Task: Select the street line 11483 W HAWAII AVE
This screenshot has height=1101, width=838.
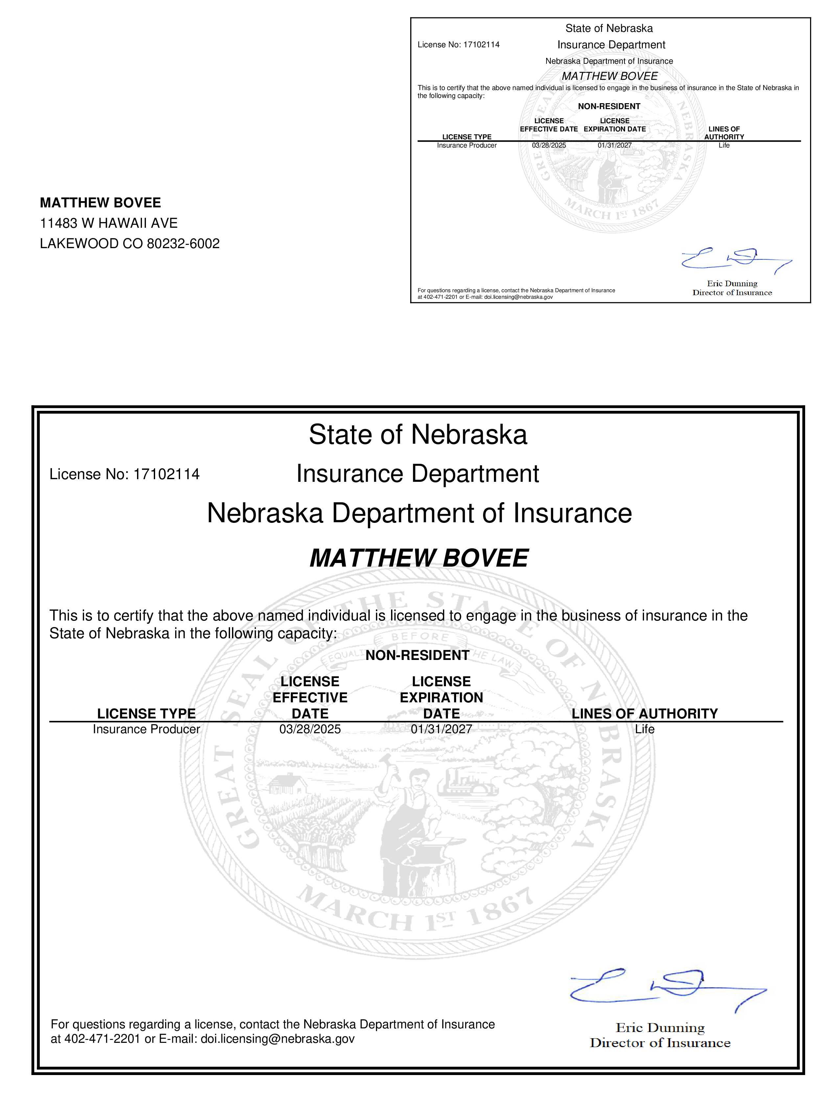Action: [109, 223]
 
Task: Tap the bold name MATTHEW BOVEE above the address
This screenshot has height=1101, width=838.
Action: [100, 202]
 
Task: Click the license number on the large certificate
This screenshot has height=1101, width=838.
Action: [167, 474]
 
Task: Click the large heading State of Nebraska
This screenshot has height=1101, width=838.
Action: [418, 434]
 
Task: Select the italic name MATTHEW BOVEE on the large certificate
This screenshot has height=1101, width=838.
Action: [419, 558]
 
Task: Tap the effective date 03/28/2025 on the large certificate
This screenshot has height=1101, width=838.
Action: [310, 729]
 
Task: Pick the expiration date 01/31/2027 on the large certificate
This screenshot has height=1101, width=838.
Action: [441, 729]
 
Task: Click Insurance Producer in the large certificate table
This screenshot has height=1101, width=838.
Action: [146, 729]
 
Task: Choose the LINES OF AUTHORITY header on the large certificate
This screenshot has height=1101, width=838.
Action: [644, 714]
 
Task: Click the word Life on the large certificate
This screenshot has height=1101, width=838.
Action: [644, 729]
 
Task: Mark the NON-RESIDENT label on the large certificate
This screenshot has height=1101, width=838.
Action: [417, 656]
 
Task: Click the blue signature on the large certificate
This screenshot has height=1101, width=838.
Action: [666, 990]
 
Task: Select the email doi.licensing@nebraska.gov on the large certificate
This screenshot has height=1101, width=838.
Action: [277, 1039]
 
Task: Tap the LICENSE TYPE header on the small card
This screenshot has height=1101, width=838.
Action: [467, 137]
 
